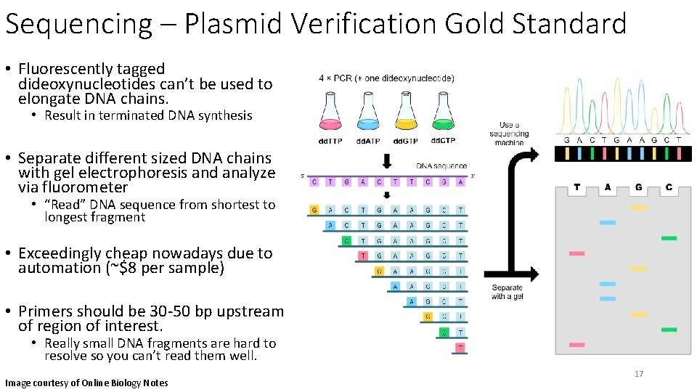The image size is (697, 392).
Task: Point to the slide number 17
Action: pos(639,374)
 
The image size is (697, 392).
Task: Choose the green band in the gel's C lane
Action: pos(669,237)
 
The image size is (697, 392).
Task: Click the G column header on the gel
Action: pos(638,187)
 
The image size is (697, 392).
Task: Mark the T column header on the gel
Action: pos(576,187)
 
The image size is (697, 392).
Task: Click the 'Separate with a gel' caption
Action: pos(507,292)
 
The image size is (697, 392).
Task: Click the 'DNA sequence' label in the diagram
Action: pos(441,166)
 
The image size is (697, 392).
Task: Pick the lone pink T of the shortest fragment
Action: pos(460,348)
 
